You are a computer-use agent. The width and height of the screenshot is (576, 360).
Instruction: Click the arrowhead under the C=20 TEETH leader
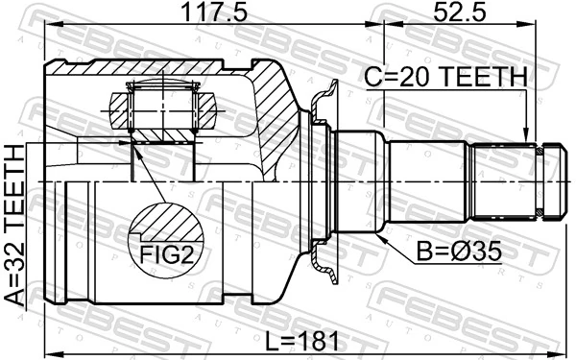[524, 137]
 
